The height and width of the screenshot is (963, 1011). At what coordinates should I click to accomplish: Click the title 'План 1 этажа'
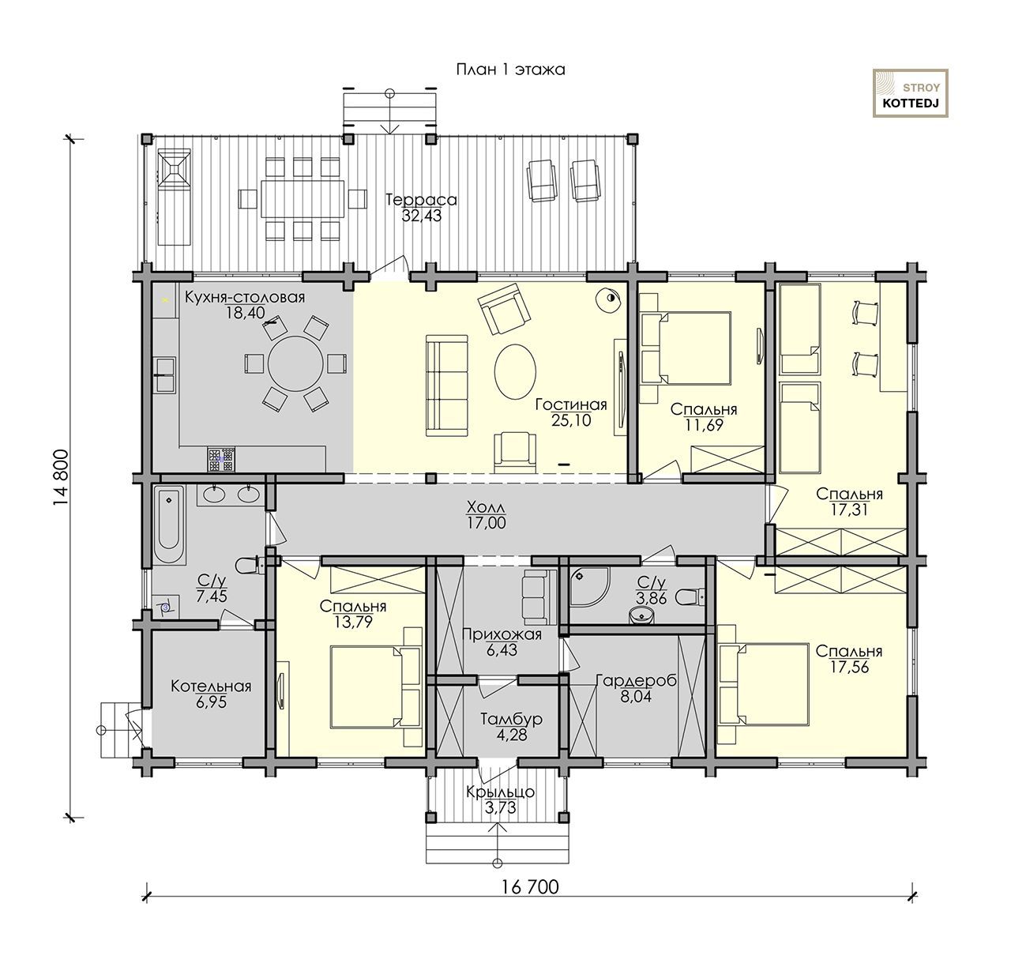pos(509,70)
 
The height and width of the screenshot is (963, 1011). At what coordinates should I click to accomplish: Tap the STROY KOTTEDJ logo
pos(910,93)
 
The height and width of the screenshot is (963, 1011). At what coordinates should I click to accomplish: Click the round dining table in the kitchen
pos(295,363)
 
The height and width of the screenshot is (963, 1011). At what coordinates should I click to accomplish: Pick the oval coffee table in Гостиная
pos(515,371)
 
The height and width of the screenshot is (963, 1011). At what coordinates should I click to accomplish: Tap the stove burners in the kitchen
pos(222,459)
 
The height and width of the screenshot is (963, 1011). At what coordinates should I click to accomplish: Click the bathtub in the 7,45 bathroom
pos(169,525)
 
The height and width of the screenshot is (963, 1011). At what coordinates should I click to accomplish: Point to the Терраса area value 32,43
pos(421,216)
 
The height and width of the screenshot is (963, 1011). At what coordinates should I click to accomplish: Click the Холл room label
pos(486,507)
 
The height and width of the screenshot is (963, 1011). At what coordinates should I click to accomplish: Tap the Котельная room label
pos(211,686)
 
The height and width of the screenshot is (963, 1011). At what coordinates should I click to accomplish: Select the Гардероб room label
pos(636,680)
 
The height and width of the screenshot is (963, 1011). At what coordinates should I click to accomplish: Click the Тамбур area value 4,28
pos(511,734)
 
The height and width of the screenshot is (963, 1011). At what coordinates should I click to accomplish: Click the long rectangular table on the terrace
pos(302,199)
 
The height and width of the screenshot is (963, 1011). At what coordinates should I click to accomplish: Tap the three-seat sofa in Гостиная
pos(447,386)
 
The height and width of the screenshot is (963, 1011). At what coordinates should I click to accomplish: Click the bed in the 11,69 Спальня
pos(686,348)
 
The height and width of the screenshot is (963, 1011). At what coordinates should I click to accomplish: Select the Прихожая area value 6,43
pos(502,649)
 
